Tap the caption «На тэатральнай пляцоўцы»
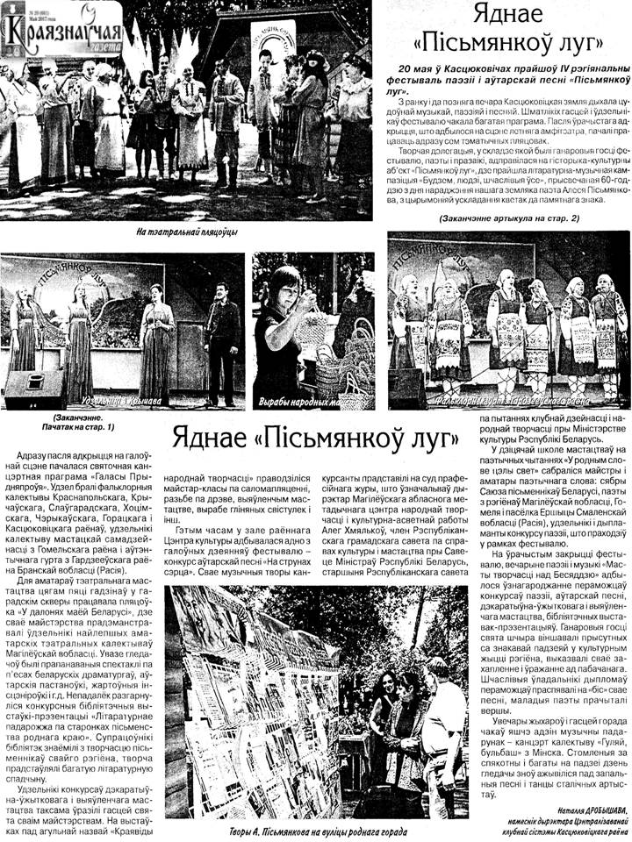click(x=186, y=232)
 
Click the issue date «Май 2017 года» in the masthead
click(x=18, y=18)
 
